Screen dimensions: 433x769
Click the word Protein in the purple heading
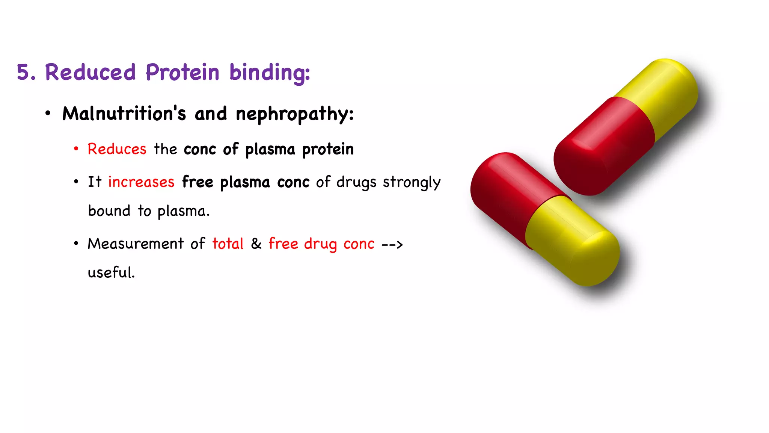[182, 72]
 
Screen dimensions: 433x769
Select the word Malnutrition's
[124, 114]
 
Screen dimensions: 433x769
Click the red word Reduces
[117, 149]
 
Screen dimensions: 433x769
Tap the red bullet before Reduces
[76, 149]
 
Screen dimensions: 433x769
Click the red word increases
[141, 182]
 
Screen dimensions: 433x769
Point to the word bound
[109, 211]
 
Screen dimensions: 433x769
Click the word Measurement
[136, 244]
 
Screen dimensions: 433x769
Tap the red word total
[228, 244]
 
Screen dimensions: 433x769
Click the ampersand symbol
[256, 244]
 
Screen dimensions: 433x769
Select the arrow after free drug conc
[392, 245]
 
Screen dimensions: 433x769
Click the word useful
[111, 273]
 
